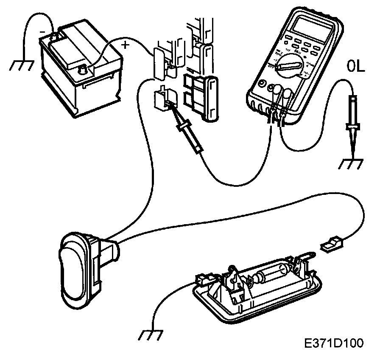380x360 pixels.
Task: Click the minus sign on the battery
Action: pos(42,31)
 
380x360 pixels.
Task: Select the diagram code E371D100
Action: pos(333,343)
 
